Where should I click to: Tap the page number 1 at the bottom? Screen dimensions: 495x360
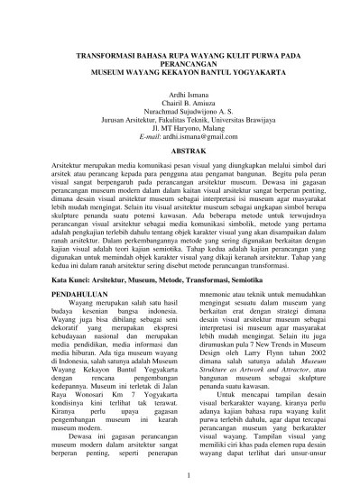[180, 475]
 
